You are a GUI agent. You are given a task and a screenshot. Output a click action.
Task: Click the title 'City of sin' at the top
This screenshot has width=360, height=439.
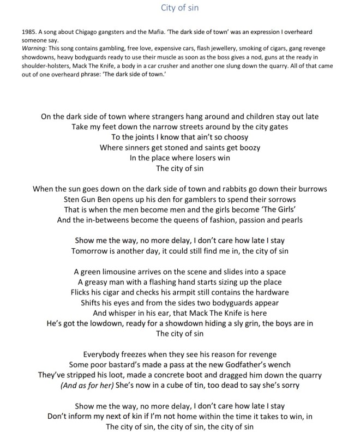(179, 8)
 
